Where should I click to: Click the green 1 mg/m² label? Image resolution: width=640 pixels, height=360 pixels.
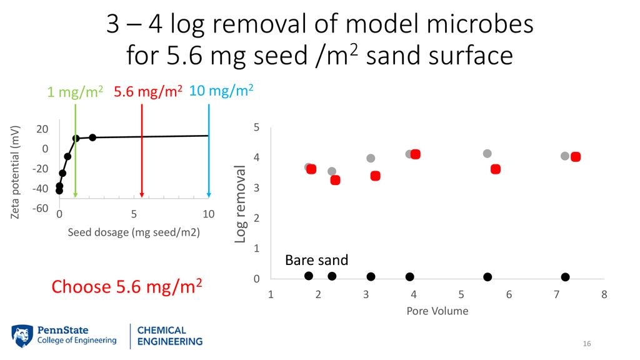[x=75, y=92]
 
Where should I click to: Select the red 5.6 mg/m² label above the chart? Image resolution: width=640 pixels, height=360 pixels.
[x=147, y=92]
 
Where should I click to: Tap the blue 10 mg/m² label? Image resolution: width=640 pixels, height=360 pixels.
[x=221, y=91]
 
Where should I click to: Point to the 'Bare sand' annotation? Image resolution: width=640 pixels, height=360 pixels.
[x=316, y=260]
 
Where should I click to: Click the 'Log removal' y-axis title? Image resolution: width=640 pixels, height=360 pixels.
[x=241, y=204]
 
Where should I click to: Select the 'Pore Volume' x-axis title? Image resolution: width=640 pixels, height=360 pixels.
[x=437, y=311]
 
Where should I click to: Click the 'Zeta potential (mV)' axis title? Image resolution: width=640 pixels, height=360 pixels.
[x=16, y=172]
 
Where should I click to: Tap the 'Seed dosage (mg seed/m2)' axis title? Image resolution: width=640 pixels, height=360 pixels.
[x=133, y=232]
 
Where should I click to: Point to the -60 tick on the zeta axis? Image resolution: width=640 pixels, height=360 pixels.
[x=40, y=208]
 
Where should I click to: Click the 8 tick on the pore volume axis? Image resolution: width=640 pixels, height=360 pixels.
[x=604, y=294]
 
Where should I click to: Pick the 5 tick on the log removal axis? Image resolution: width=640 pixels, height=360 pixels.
[x=256, y=127]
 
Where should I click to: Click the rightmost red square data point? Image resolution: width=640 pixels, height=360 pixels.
[x=576, y=157]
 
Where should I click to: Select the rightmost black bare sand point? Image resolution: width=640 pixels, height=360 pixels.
[x=566, y=277]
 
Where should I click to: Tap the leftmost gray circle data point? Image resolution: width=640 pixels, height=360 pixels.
[x=308, y=167]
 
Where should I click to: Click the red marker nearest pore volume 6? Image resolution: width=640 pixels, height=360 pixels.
[x=496, y=169]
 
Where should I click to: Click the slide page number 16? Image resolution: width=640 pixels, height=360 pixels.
[x=586, y=344]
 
